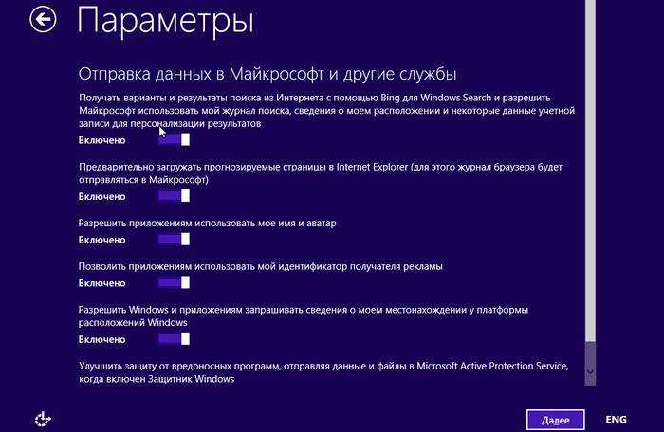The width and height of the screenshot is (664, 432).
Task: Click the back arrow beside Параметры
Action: point(43,19)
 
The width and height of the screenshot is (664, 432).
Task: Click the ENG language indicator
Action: point(617,420)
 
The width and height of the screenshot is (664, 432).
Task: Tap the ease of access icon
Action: point(43,419)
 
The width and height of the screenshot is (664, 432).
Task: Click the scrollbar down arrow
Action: point(590,372)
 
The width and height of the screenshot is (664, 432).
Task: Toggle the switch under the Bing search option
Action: point(174,139)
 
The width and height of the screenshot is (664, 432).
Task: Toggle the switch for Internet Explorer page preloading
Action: point(174,196)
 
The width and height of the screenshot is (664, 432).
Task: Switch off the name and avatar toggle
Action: point(174,240)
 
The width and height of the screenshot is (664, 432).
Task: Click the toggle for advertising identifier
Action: point(174,282)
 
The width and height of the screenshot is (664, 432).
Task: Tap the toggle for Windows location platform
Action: point(174,339)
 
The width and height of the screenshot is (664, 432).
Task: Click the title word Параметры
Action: point(166,20)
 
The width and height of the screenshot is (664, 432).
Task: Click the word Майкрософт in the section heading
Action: point(277,74)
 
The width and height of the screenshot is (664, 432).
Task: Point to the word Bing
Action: point(390,98)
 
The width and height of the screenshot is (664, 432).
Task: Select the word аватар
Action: point(320,223)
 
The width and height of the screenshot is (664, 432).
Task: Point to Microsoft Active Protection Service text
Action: point(492,366)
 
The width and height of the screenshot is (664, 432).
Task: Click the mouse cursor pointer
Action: point(162,132)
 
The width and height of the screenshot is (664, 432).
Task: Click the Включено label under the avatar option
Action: point(102,240)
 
